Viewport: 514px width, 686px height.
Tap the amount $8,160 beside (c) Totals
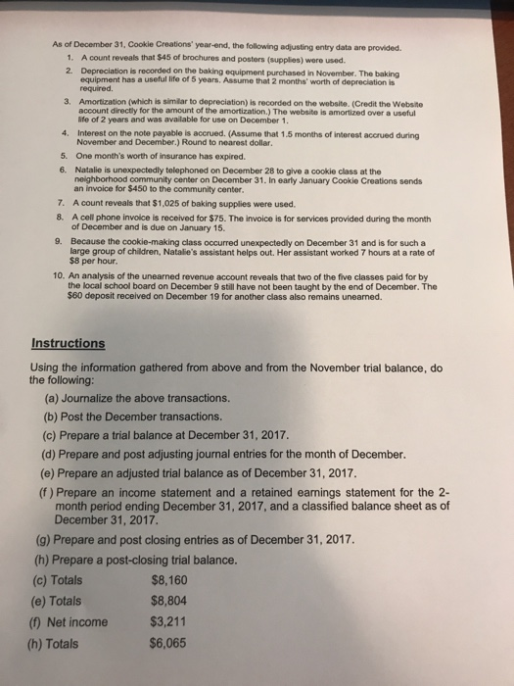tap(173, 579)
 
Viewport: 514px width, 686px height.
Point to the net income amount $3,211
tap(173, 622)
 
